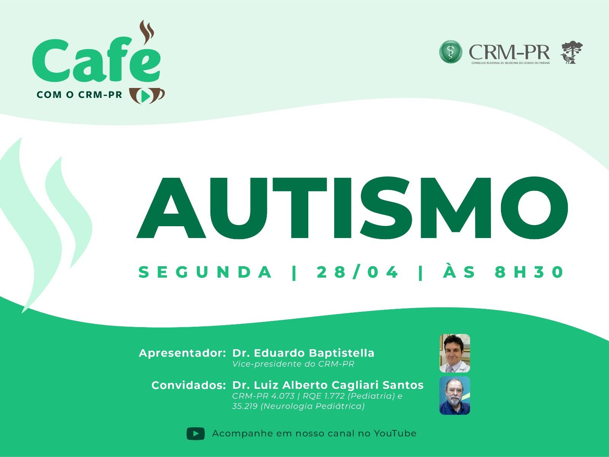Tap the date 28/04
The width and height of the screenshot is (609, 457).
[x=357, y=272]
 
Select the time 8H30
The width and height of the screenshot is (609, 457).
[x=529, y=272]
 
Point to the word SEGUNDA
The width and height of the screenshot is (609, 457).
[x=205, y=272]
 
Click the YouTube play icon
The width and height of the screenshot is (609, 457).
[x=196, y=433]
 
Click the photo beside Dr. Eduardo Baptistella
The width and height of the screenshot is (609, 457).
[x=455, y=353]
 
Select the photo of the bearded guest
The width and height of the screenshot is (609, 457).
[x=455, y=395]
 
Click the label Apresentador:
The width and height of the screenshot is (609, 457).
[x=182, y=353]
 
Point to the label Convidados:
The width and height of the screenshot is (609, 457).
[x=189, y=385]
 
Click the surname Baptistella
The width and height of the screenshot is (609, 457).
[x=341, y=353]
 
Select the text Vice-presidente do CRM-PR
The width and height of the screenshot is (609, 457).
[x=293, y=364]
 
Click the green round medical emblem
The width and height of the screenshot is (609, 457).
[x=451, y=52]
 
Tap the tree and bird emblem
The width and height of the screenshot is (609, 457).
[x=572, y=52]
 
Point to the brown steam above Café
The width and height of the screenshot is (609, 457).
[x=147, y=32]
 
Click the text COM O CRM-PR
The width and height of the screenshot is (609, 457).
[x=79, y=94]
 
